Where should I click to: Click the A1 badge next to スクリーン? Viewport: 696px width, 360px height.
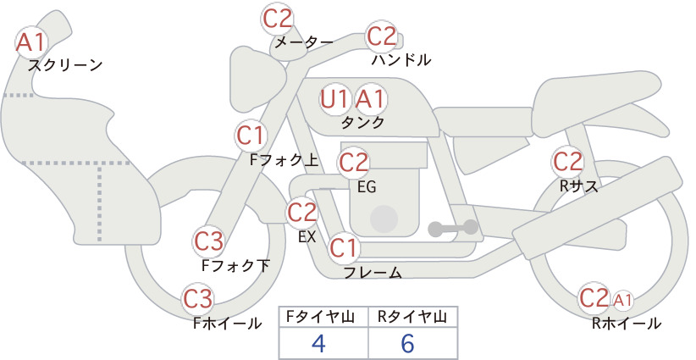pyautogui.click(x=31, y=42)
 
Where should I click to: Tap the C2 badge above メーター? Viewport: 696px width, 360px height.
pyautogui.click(x=278, y=19)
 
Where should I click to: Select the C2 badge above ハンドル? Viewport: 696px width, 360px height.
pyautogui.click(x=381, y=36)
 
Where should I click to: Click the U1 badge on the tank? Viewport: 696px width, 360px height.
pyautogui.click(x=334, y=99)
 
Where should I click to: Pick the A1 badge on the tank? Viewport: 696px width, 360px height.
pyautogui.click(x=370, y=99)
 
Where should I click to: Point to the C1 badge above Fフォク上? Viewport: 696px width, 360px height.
pyautogui.click(x=251, y=136)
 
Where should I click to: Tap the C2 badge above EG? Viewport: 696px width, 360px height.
pyautogui.click(x=353, y=163)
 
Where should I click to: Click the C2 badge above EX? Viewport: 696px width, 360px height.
pyautogui.click(x=301, y=212)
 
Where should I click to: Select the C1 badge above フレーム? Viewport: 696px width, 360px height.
pyautogui.click(x=344, y=247)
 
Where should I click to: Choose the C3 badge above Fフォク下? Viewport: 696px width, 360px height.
pyautogui.click(x=208, y=241)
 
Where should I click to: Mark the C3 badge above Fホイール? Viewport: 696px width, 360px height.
pyautogui.click(x=198, y=299)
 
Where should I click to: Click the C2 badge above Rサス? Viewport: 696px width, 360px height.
pyautogui.click(x=567, y=162)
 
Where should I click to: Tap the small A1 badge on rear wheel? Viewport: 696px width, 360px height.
pyautogui.click(x=623, y=301)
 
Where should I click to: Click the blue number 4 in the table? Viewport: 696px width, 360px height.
pyautogui.click(x=318, y=343)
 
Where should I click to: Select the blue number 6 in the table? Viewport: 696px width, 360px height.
pyautogui.click(x=407, y=343)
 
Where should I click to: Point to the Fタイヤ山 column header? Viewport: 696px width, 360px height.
pyautogui.click(x=320, y=317)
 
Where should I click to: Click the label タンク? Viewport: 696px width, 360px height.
pyautogui.click(x=362, y=123)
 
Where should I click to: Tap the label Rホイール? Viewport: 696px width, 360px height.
pyautogui.click(x=627, y=324)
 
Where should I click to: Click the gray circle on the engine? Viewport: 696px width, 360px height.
pyautogui.click(x=384, y=219)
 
